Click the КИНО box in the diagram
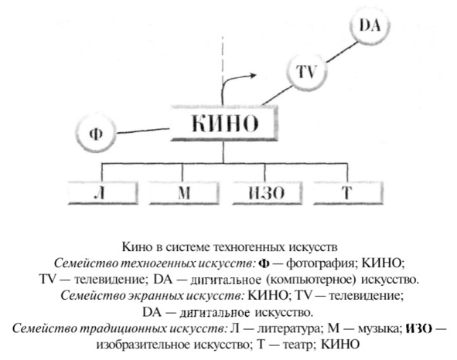click(x=223, y=124)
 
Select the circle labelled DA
click(x=370, y=25)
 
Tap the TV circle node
click(x=306, y=71)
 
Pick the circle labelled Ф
click(x=96, y=134)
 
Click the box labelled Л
click(x=103, y=193)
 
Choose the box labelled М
click(x=184, y=193)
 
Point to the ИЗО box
click(x=267, y=193)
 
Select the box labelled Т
click(x=348, y=193)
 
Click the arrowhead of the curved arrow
click(x=252, y=76)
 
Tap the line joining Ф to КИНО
click(x=143, y=131)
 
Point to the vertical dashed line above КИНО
click(x=223, y=60)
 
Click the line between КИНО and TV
click(x=277, y=96)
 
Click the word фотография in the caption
click(x=319, y=263)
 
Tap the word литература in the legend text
click(x=289, y=328)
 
